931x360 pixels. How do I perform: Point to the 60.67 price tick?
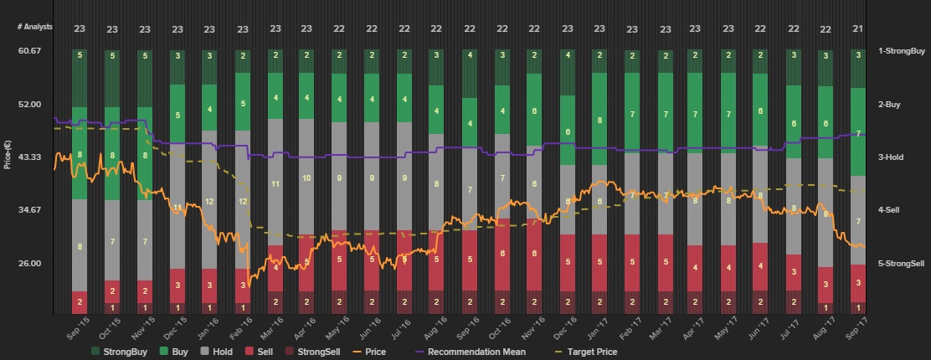30,51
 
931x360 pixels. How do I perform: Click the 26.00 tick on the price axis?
30,263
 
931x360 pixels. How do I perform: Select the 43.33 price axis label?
30,157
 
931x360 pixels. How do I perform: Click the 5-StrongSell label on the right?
901,263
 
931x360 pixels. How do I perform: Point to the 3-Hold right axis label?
890,157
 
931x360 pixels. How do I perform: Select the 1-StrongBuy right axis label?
901,51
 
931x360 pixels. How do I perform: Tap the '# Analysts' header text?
35,27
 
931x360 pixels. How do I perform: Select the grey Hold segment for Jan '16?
210,201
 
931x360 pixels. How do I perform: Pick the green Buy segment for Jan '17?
599,119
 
